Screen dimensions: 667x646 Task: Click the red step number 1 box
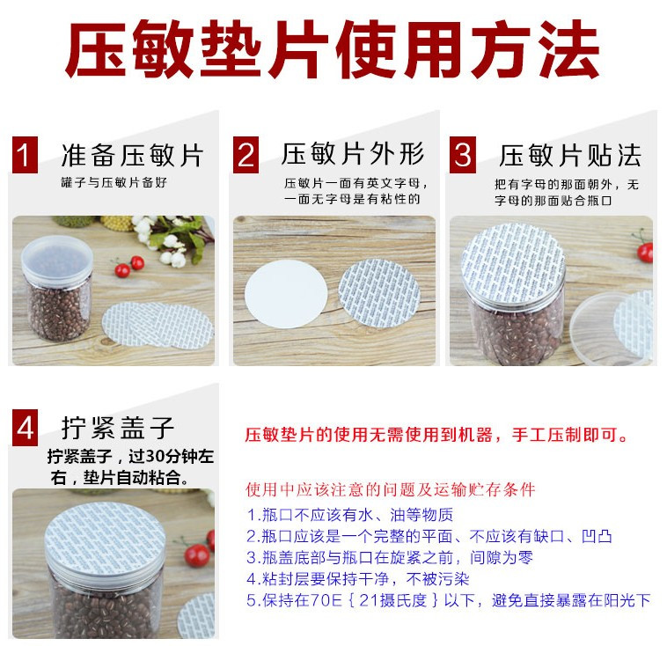click(25, 155)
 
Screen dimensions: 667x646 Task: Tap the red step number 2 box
click(246, 155)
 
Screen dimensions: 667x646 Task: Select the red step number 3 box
click(463, 155)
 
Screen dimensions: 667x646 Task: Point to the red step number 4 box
click(25, 427)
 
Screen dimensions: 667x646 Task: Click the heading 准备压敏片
click(132, 155)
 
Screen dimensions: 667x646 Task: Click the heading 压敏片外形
click(353, 154)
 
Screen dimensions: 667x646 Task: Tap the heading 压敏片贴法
click(570, 155)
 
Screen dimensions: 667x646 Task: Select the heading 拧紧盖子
click(118, 428)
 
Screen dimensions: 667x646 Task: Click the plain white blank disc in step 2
click(286, 294)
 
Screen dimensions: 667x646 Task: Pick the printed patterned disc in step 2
click(379, 293)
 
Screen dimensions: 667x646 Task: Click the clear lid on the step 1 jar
click(57, 260)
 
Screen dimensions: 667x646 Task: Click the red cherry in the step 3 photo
click(646, 252)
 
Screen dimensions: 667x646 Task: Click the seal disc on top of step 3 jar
click(513, 263)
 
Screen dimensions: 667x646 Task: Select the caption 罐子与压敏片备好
click(114, 182)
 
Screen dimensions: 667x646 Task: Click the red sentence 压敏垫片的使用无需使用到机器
click(369, 435)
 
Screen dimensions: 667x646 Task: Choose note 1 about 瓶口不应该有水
click(350, 515)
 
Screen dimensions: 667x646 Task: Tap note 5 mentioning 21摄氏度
click(449, 600)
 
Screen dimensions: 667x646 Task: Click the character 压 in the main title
click(97, 49)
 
